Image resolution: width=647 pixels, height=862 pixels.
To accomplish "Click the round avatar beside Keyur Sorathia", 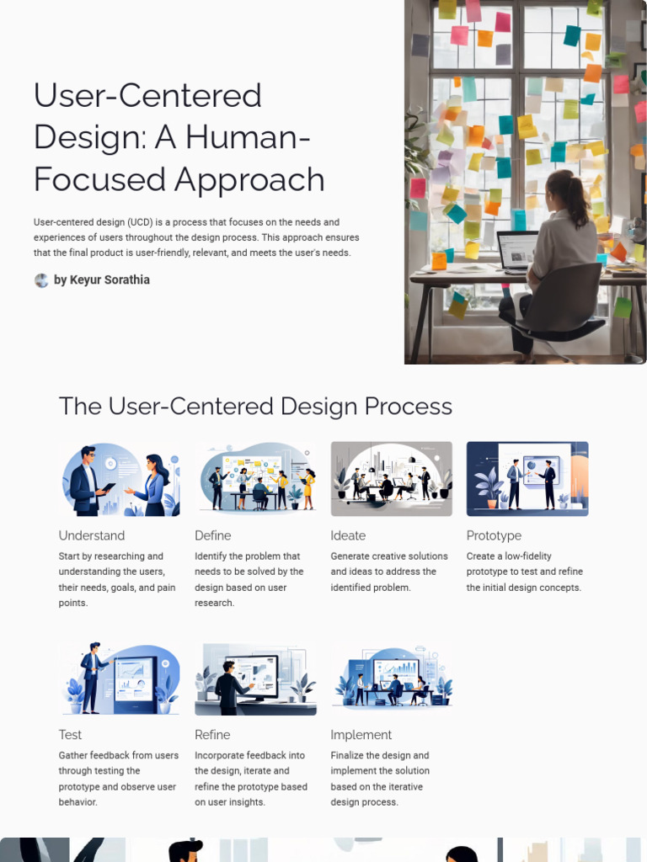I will coord(41,280).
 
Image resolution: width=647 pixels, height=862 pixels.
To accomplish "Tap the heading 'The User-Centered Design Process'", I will coord(255,407).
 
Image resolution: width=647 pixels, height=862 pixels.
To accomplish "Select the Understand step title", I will coord(92,535).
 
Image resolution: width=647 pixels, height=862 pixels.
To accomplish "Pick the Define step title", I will coord(212,535).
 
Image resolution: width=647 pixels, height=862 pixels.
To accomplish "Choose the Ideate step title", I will coord(348,535).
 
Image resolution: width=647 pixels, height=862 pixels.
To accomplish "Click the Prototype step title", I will coord(494,535).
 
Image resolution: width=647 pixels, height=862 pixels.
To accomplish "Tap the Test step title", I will coord(70,735).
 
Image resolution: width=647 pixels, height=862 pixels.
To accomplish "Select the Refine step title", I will coord(212,735).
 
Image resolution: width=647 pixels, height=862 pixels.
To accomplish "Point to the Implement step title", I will coord(361,735).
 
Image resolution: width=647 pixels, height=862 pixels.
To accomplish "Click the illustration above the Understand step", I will coord(120,479).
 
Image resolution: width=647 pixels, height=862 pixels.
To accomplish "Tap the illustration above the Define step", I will coord(256,479).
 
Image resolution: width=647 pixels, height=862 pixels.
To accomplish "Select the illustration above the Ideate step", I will coord(391,479).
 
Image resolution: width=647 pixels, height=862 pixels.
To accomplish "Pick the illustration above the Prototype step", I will coord(527,479).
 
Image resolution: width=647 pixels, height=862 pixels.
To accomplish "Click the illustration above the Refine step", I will coord(256,678).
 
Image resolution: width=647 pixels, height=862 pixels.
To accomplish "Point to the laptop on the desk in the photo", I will coord(517,251).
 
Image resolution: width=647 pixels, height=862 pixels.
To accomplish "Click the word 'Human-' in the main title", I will coord(247,137).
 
